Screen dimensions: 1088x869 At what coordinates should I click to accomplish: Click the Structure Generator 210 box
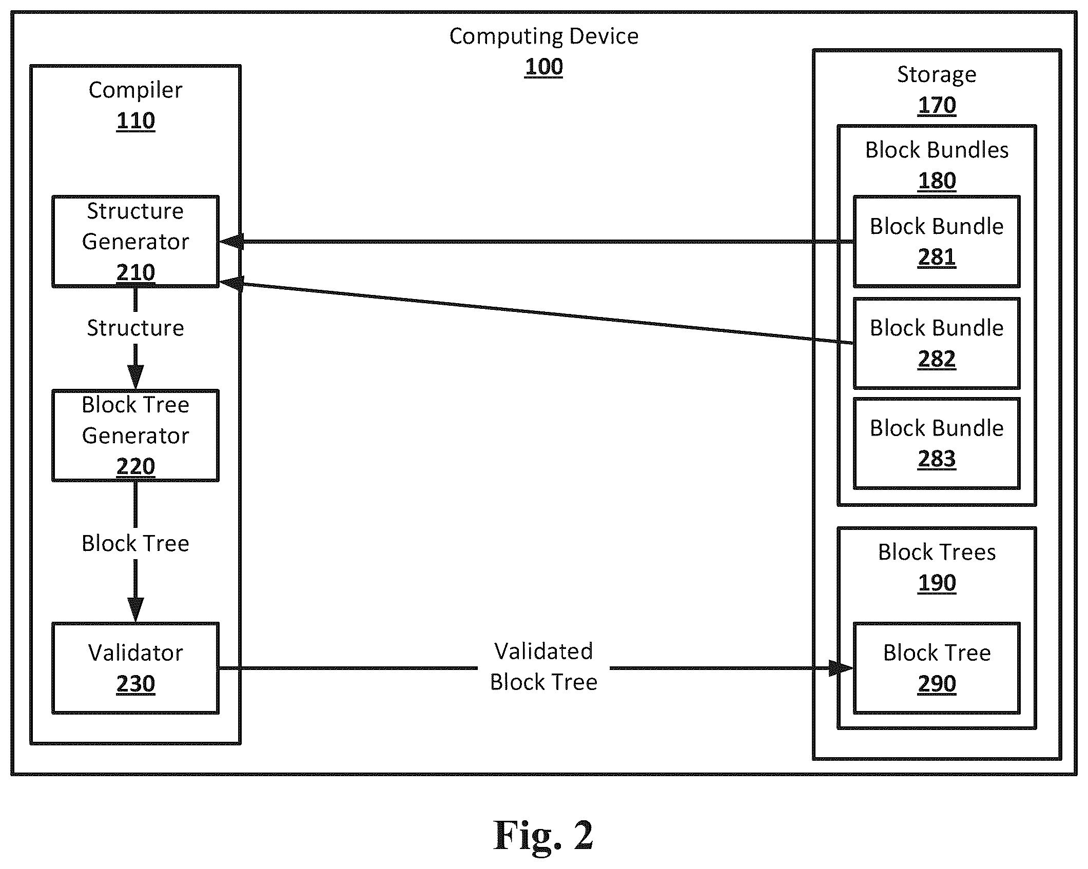point(135,241)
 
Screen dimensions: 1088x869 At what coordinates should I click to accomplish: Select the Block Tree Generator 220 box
point(135,436)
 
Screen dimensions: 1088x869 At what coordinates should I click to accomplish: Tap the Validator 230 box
point(135,668)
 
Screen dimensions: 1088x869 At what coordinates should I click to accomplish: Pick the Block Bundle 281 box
point(937,241)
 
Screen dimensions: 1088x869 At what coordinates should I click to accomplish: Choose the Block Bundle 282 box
point(937,343)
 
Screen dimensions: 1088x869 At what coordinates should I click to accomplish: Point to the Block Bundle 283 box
point(937,443)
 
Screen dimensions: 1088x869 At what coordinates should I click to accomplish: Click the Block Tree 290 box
point(937,668)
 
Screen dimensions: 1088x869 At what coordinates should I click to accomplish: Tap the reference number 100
point(543,67)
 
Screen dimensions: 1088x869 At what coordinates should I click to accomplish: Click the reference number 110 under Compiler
point(135,121)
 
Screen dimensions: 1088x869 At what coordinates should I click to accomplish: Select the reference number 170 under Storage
point(937,105)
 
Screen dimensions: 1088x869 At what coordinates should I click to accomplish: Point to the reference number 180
point(937,181)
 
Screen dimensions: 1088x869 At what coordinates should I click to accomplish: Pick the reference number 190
point(937,583)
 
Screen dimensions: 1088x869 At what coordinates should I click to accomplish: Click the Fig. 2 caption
point(543,835)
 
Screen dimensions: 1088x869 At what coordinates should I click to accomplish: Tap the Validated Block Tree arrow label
point(543,666)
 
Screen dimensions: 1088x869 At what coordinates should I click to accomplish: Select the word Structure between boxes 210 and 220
point(135,328)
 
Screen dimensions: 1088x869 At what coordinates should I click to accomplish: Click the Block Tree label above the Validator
point(135,543)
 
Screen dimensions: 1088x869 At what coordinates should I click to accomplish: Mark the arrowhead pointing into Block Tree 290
point(841,668)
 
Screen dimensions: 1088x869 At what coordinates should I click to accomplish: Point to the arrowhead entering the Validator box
point(135,610)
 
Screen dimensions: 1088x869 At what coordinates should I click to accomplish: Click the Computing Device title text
point(543,36)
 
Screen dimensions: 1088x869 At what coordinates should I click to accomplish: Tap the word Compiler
point(135,90)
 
